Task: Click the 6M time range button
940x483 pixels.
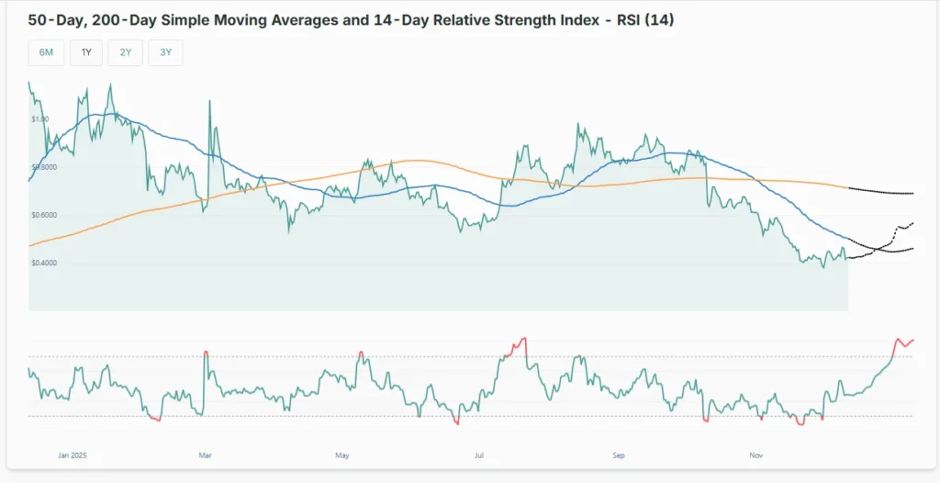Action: pyautogui.click(x=46, y=52)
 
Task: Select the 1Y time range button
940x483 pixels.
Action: pyautogui.click(x=86, y=52)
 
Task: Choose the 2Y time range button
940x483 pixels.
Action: pyautogui.click(x=125, y=52)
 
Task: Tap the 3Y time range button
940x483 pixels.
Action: pyautogui.click(x=165, y=52)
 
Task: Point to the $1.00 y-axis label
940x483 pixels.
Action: pyautogui.click(x=39, y=119)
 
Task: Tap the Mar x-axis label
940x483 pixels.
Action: pyautogui.click(x=205, y=455)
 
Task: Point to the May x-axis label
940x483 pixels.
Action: pyautogui.click(x=342, y=455)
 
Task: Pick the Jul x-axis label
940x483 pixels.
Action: pyautogui.click(x=479, y=455)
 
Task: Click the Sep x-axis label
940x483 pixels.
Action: pyautogui.click(x=618, y=455)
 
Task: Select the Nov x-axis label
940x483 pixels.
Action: pyautogui.click(x=755, y=455)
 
